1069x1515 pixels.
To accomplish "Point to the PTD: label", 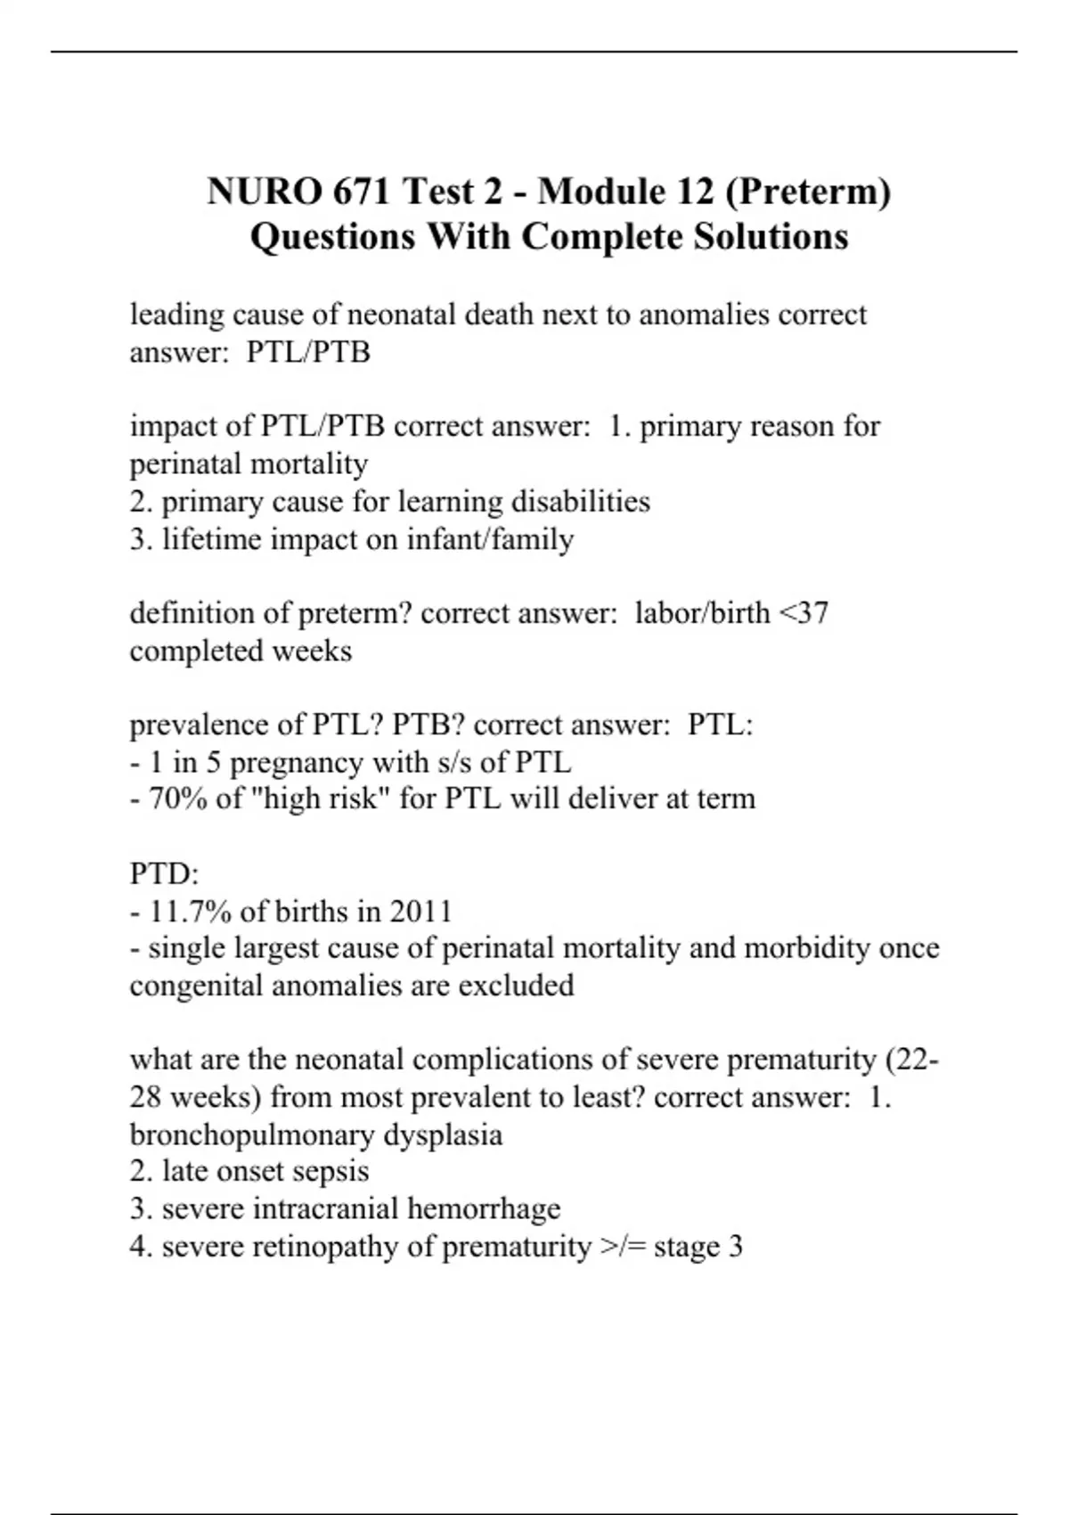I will (x=165, y=873).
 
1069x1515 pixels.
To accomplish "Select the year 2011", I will (x=421, y=911).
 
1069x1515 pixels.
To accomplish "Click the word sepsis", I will (x=334, y=1171).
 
